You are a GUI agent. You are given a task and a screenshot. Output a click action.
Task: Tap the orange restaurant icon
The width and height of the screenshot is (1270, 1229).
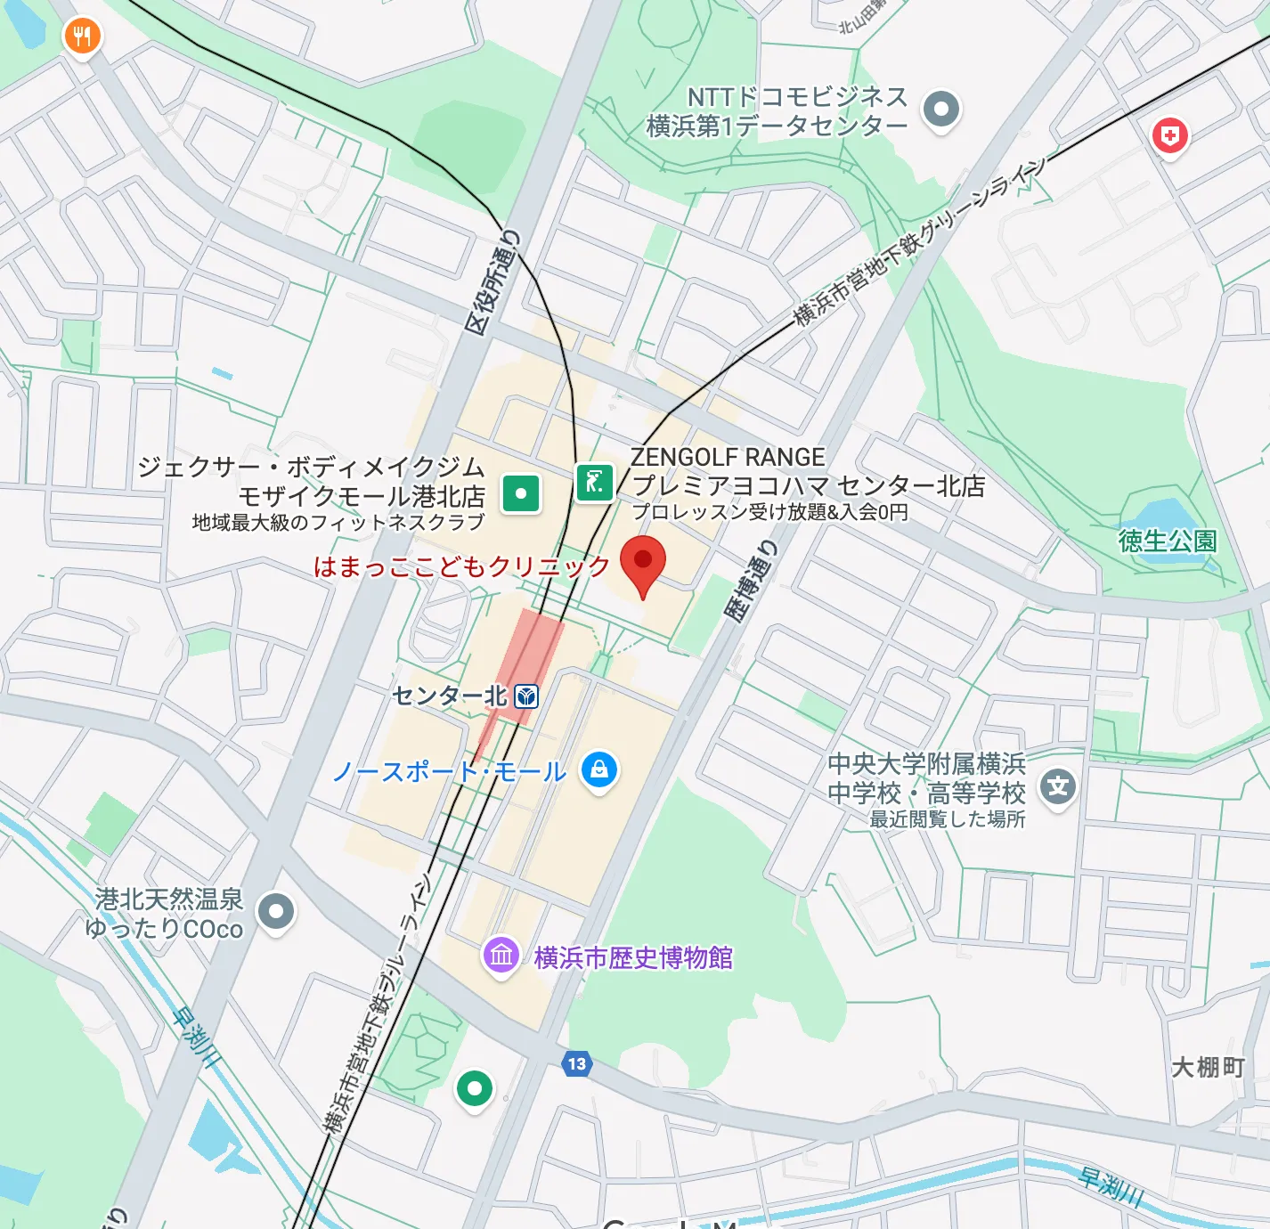click(82, 37)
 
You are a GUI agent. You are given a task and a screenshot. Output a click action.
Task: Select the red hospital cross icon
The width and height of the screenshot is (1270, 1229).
click(1169, 136)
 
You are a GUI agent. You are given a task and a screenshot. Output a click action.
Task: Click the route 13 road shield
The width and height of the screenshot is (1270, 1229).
click(577, 1063)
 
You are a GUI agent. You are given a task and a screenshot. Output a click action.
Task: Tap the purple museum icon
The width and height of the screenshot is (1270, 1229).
click(501, 956)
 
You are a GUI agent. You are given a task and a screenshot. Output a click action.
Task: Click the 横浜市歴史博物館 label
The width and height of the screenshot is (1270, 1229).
click(633, 958)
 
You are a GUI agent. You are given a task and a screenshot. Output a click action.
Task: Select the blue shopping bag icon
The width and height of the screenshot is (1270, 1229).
click(599, 769)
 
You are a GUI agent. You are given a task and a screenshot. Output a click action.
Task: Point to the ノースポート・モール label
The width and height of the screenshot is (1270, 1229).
click(450, 771)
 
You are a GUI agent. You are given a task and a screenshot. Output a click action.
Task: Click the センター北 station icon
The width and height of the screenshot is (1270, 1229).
click(527, 696)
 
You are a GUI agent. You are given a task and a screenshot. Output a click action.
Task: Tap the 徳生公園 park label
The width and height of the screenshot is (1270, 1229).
click(1167, 541)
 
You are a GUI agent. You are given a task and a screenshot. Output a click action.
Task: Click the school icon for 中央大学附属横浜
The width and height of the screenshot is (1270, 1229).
click(1057, 786)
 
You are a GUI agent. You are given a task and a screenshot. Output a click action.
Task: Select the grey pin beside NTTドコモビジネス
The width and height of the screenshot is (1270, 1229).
click(940, 110)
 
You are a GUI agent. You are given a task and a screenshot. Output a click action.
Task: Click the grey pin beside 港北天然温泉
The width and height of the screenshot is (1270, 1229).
click(275, 911)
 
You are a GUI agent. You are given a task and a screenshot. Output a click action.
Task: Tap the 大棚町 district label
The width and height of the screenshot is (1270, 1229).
click(1208, 1067)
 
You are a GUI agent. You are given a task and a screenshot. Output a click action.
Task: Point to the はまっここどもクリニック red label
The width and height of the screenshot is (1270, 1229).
click(461, 566)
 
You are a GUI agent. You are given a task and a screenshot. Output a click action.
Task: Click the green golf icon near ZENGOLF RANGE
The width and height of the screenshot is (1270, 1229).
click(594, 483)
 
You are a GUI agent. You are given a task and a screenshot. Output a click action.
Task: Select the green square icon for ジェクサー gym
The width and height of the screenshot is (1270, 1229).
click(521, 492)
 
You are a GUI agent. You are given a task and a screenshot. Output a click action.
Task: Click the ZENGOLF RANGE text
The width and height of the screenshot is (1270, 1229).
click(728, 457)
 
